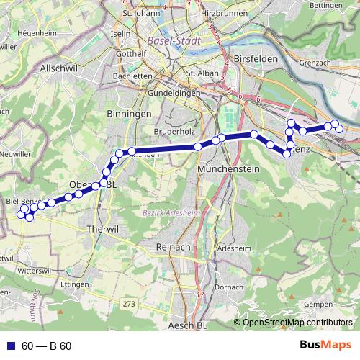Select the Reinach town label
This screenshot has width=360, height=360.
point(172,246)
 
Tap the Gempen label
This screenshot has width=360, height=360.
point(319,305)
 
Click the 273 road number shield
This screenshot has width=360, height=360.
point(129,305)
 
